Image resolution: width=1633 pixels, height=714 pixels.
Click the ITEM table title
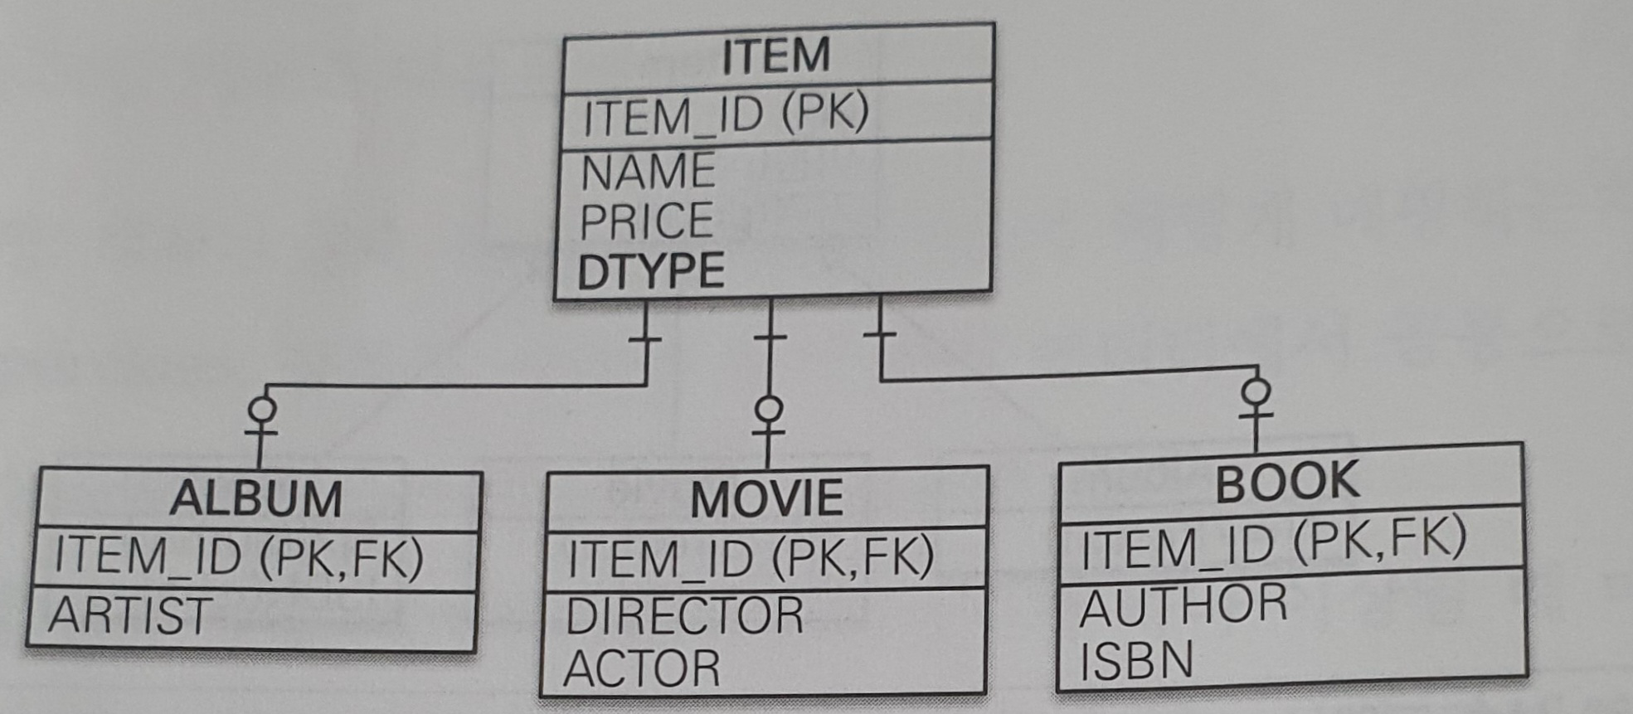(775, 56)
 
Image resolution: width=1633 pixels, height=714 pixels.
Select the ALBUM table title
(256, 499)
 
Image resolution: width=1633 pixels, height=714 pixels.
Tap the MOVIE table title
(767, 499)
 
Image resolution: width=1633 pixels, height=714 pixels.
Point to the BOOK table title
(1287, 482)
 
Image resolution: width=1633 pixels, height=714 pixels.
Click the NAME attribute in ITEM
(649, 172)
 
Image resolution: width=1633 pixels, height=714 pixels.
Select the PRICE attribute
(647, 221)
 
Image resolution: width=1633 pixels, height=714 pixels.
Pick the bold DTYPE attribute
(652, 272)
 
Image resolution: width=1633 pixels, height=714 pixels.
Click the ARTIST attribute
(130, 616)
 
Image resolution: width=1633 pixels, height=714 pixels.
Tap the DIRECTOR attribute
(684, 616)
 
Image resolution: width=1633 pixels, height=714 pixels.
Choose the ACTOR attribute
(642, 668)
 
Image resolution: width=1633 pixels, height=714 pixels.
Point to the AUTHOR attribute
(1183, 605)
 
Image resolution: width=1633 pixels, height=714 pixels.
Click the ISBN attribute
(1136, 660)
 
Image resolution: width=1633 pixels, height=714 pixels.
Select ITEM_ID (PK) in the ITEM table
(726, 114)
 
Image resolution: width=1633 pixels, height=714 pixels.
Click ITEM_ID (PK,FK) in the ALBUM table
(239, 556)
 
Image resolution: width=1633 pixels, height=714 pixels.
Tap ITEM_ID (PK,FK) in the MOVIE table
(751, 557)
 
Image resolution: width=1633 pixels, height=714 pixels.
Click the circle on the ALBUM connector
(263, 409)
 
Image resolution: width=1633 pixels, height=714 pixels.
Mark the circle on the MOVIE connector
(769, 408)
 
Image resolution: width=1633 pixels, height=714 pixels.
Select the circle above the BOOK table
(1257, 391)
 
